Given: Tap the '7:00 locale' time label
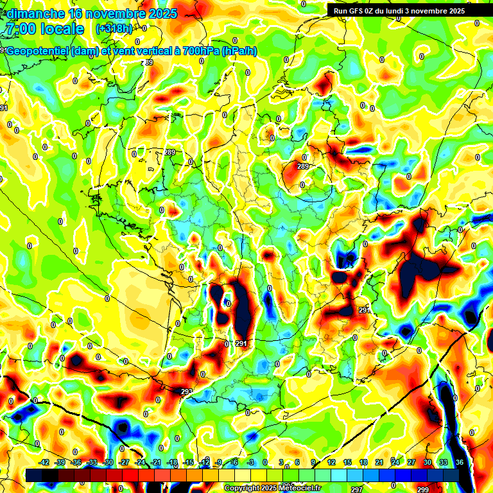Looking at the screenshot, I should click(x=44, y=29).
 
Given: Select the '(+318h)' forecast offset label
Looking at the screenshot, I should click(x=114, y=29).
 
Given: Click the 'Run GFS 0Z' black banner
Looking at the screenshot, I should click(x=409, y=10).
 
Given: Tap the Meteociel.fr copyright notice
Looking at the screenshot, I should click(x=272, y=488).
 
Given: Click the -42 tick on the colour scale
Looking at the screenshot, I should click(x=44, y=462).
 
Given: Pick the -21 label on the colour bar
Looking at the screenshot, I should click(x=156, y=462).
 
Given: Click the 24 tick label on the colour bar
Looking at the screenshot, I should click(x=395, y=462).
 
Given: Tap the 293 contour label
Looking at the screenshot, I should click(x=187, y=392).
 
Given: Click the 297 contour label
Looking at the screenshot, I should click(x=357, y=489).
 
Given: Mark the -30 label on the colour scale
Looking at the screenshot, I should click(x=108, y=462).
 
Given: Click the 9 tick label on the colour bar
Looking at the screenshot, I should click(x=314, y=462).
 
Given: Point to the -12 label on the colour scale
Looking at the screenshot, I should click(x=204, y=462).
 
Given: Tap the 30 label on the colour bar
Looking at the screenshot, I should click(x=427, y=462).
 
